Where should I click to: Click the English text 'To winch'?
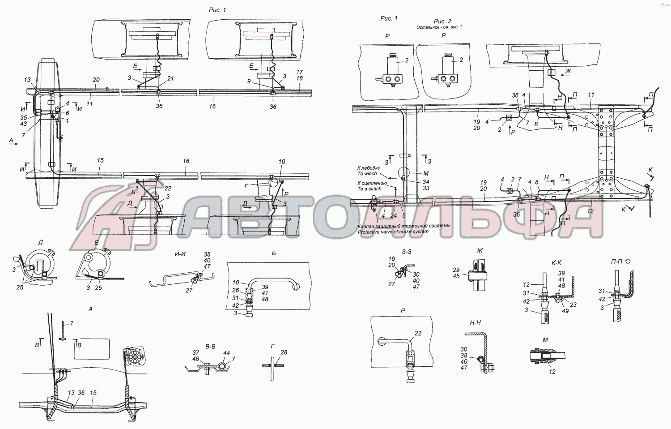(367, 174)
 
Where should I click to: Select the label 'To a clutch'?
(369, 189)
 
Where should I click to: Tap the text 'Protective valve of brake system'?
(393, 232)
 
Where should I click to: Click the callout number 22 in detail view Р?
(418, 333)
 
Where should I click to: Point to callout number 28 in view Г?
(284, 352)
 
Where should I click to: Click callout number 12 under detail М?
(552, 372)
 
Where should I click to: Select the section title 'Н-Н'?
(475, 322)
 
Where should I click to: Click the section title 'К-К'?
(556, 262)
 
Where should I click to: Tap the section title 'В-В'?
(210, 347)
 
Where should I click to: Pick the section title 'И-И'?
(180, 254)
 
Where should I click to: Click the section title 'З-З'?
(407, 252)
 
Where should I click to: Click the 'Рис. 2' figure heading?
(442, 21)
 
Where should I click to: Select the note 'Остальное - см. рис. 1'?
(439, 27)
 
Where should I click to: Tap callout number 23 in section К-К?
(573, 305)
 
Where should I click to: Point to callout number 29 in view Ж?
(456, 270)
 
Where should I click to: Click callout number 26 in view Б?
(236, 290)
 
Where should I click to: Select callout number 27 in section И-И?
(189, 290)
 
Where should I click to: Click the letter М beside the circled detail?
(426, 173)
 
